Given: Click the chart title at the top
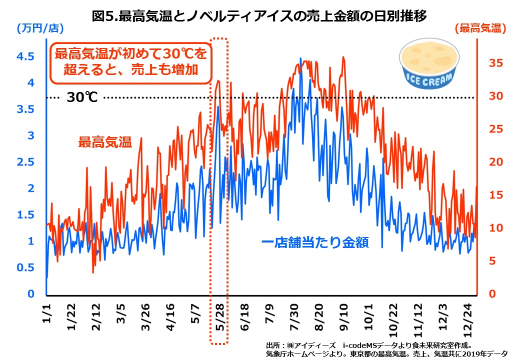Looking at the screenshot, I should tap(259, 16).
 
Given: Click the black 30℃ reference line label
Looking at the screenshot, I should tap(82, 97).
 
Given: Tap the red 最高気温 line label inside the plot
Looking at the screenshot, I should tap(104, 142).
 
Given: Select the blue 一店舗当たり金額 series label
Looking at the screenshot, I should tap(315, 243).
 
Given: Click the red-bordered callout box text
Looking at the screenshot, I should tap(130, 62).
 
